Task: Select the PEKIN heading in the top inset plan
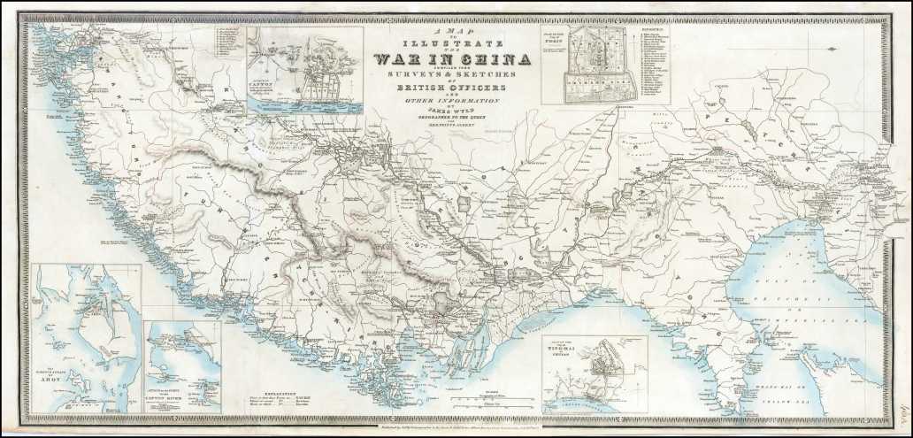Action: pyautogui.click(x=553, y=40)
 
